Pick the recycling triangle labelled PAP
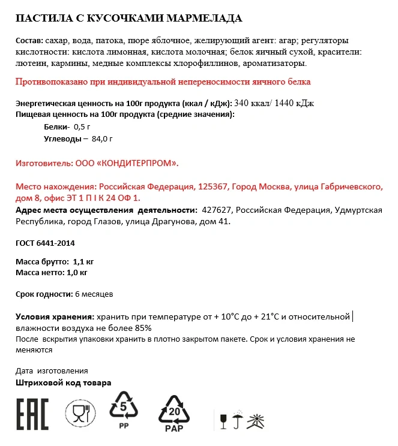point(173,413)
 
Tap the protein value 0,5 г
point(81,127)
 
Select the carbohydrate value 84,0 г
point(102,138)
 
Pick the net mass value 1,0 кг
point(77,272)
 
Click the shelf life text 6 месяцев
point(94,294)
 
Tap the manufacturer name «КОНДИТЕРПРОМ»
point(142,163)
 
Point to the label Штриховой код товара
point(63,382)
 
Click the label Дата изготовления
point(52,370)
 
